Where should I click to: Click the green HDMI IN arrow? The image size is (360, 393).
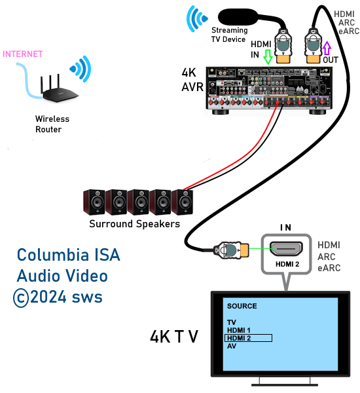tap(268, 56)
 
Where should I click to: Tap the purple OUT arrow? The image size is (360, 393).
tap(327, 48)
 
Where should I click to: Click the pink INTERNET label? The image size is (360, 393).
tap(22, 54)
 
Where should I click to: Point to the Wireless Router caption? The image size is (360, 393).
tap(52, 124)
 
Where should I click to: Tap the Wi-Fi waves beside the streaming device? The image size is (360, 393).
tap(196, 19)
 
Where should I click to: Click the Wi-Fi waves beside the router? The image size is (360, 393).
tap(81, 69)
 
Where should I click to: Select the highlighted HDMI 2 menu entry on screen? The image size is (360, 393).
tap(248, 338)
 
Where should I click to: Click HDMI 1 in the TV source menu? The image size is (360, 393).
tap(238, 330)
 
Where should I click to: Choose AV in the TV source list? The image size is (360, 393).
tap(232, 346)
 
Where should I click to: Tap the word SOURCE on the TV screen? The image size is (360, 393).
tap(242, 306)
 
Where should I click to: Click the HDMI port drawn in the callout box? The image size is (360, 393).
tap(286, 249)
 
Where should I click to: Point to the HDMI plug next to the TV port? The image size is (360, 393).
tap(231, 250)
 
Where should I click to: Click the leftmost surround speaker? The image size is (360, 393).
tap(94, 202)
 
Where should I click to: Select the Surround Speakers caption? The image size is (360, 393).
tap(135, 223)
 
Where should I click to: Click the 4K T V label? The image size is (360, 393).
tap(174, 337)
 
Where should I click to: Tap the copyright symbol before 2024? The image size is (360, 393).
tap(21, 298)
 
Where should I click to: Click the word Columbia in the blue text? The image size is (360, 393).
tap(53, 255)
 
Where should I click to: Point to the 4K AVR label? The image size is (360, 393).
tap(192, 80)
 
